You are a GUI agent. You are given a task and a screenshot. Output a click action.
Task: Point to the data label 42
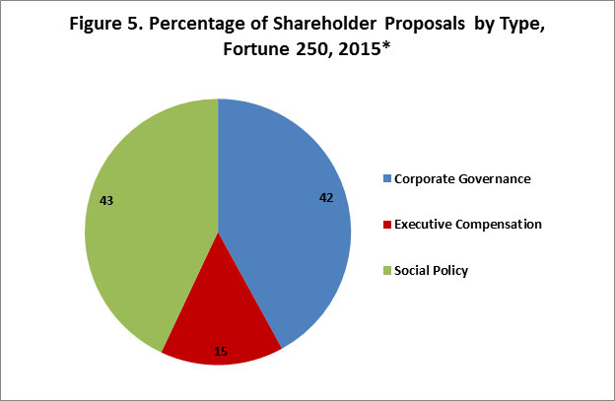(x=327, y=197)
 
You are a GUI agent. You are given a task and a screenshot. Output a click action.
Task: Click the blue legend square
(x=386, y=178)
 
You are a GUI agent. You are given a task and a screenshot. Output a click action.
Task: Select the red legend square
(x=386, y=225)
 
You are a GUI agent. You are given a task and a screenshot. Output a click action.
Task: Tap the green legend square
(x=386, y=270)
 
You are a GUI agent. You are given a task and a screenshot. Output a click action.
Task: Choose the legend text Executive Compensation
(x=468, y=225)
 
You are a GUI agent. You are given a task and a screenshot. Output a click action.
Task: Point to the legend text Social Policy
(x=431, y=270)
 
